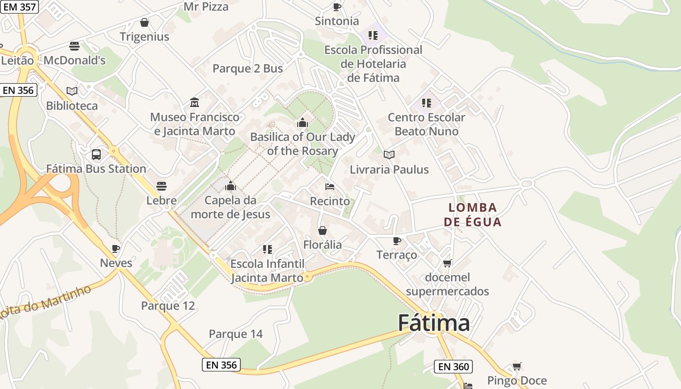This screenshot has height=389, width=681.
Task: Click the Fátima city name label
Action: tap(434, 323)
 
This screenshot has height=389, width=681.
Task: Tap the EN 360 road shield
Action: tap(453, 367)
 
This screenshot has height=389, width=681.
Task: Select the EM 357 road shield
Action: tap(19, 7)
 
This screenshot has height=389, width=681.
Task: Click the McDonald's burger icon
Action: tap(74, 46)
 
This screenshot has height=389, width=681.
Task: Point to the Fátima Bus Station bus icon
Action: tap(96, 155)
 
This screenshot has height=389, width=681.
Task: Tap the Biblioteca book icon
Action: tap(72, 91)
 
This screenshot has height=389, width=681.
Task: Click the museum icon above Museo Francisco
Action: tap(195, 103)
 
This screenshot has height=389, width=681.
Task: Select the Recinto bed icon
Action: tap(330, 187)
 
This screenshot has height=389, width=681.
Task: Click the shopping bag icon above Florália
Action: tap(322, 230)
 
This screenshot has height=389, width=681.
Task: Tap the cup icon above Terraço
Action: tap(397, 241)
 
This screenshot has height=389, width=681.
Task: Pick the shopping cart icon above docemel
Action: tap(447, 263)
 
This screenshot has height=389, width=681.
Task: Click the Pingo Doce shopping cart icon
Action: tap(517, 366)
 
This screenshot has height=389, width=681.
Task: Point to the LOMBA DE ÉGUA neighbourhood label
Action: tap(472, 215)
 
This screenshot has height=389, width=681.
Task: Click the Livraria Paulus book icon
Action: tap(389, 155)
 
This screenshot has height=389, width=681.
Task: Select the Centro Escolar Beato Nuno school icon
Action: tap(426, 103)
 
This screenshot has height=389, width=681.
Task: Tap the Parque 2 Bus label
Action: tap(248, 69)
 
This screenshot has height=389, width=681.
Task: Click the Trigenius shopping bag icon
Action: tap(144, 22)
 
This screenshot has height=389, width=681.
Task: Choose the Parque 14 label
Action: tap(235, 334)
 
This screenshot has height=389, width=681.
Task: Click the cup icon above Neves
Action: tap(116, 248)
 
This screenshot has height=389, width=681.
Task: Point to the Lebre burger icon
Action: tap(161, 186)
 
